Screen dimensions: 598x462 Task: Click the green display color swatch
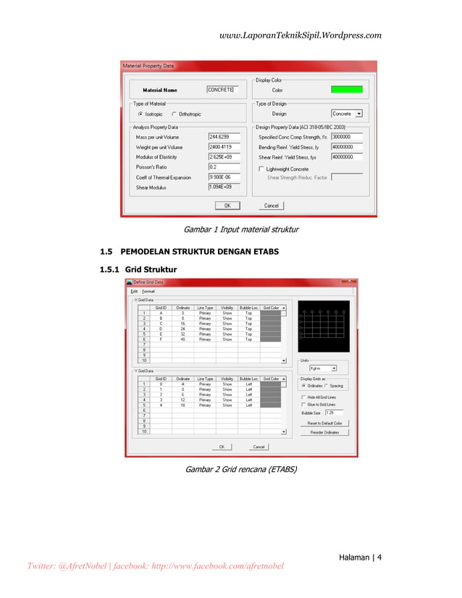pyautogui.click(x=346, y=90)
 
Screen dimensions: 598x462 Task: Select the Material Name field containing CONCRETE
pyautogui.click(x=222, y=90)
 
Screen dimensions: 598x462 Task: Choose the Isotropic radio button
pyautogui.click(x=140, y=114)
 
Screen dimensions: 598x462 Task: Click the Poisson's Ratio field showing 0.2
pyautogui.click(x=224, y=167)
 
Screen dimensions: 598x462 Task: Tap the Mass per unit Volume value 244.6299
pyautogui.click(x=224, y=136)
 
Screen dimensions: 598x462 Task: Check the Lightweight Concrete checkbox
pyautogui.click(x=261, y=169)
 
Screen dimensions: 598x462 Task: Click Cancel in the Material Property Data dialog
pyautogui.click(x=271, y=206)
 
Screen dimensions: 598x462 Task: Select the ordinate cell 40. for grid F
pyautogui.click(x=183, y=339)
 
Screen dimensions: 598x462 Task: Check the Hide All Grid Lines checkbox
pyautogui.click(x=303, y=397)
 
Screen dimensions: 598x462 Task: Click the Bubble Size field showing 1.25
pyautogui.click(x=333, y=412)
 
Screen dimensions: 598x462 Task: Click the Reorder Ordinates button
pyautogui.click(x=324, y=432)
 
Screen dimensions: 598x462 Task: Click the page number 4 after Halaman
pyautogui.click(x=379, y=557)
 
